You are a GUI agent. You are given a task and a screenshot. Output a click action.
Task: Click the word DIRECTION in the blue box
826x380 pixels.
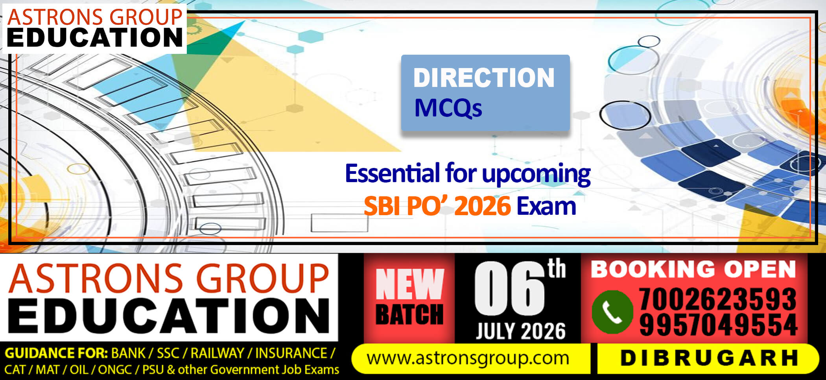click(484, 77)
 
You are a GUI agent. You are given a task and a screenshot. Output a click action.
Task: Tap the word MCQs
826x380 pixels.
click(448, 107)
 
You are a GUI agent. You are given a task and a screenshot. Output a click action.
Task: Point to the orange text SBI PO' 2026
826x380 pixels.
click(437, 206)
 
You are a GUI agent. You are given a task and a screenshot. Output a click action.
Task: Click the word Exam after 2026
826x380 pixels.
click(546, 206)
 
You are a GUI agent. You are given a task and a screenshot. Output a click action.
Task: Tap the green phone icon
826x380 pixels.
click(612, 312)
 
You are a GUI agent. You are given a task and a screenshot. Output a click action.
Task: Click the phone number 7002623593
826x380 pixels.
click(718, 299)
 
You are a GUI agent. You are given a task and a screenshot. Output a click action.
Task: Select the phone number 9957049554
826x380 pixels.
click(718, 325)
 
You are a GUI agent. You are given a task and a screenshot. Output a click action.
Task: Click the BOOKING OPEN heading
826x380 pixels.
click(693, 269)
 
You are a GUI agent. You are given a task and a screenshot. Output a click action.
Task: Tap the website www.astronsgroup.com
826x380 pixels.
click(468, 358)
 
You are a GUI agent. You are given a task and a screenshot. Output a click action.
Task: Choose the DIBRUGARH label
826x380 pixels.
click(709, 358)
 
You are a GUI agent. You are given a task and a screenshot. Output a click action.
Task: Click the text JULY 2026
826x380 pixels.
click(521, 331)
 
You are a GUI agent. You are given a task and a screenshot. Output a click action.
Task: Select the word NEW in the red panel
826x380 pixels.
click(409, 284)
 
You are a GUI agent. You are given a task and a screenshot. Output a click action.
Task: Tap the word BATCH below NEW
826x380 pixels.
click(409, 314)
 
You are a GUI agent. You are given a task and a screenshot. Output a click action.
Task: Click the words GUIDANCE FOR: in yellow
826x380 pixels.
click(56, 353)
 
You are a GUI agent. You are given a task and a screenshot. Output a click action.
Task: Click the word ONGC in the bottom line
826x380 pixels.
click(115, 370)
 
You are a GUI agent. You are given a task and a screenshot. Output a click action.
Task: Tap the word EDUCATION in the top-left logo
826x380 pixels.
click(95, 37)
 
